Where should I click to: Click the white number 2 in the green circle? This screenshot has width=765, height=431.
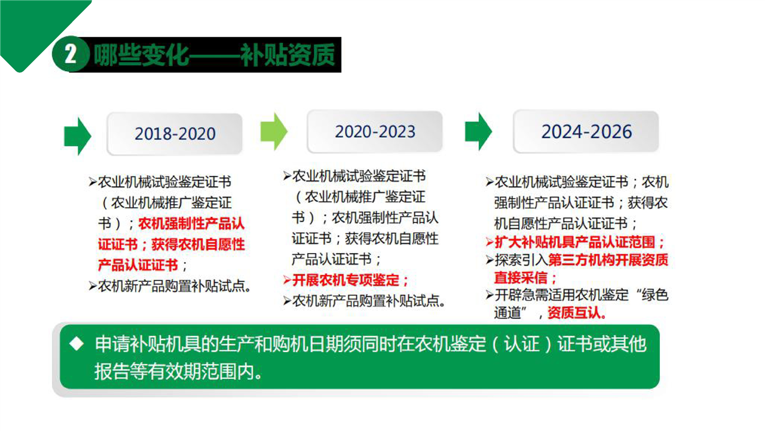[71, 54]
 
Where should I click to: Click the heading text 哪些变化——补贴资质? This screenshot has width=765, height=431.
[214, 54]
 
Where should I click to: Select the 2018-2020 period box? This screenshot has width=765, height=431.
[175, 133]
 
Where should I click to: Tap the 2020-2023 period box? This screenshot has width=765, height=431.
[375, 132]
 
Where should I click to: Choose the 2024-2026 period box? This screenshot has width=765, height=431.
[586, 132]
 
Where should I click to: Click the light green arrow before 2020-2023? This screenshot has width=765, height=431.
[274, 131]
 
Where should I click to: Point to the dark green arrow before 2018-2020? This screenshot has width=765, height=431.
[78, 136]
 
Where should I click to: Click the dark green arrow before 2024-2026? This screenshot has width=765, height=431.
[479, 131]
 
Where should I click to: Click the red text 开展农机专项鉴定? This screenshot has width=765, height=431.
[345, 280]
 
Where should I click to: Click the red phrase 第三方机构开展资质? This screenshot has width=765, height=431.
[608, 260]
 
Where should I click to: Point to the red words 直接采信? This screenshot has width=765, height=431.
[521, 277]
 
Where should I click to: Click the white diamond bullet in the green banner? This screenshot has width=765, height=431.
[76, 344]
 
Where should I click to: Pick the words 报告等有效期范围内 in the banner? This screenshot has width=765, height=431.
[174, 372]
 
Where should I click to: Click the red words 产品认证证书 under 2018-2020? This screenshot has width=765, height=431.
[138, 265]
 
